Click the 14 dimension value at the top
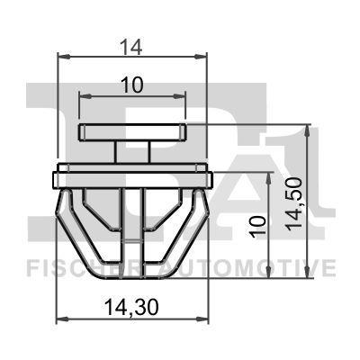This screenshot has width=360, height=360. (x=132, y=41)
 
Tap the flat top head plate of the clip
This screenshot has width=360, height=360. (x=133, y=133)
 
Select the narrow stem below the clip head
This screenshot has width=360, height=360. (x=133, y=152)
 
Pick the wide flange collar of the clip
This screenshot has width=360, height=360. (x=133, y=170)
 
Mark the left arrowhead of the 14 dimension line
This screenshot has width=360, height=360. (x=63, y=56)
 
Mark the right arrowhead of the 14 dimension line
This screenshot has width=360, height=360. (x=202, y=56)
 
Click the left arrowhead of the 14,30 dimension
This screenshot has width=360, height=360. (x=62, y=319)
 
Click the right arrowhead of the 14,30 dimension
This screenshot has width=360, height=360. (x=203, y=319)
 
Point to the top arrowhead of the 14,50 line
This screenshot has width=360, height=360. (x=308, y=130)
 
